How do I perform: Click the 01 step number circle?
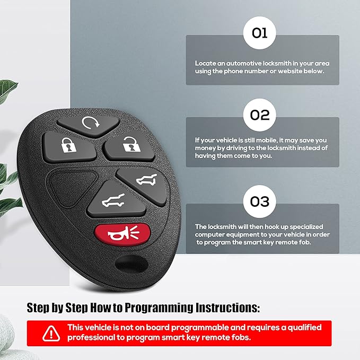[x=260, y=33]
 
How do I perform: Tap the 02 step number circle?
[x=260, y=115]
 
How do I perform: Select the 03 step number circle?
[x=260, y=201]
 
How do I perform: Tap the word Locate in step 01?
[x=205, y=63]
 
